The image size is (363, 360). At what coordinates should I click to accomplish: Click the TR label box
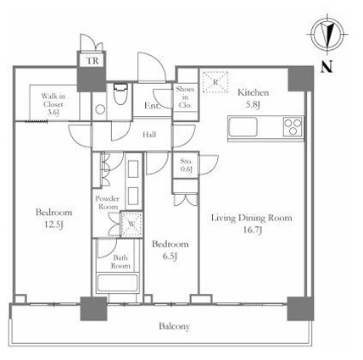(92, 60)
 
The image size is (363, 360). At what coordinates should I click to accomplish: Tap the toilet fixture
(120, 94)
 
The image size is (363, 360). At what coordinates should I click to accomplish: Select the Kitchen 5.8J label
(253, 98)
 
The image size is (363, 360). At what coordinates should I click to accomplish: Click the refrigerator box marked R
(215, 82)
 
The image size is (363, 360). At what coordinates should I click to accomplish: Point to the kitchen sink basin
(243, 126)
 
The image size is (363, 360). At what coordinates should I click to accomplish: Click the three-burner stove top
(293, 126)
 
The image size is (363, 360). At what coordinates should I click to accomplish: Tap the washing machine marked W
(131, 224)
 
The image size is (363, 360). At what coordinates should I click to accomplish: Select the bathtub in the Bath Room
(117, 283)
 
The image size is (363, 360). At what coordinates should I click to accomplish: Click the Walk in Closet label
(53, 104)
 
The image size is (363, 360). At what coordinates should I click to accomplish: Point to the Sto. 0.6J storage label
(187, 165)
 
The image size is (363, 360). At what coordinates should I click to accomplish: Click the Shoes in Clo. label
(185, 97)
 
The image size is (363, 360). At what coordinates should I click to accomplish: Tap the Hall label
(149, 135)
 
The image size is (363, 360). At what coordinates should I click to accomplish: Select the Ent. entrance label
(153, 106)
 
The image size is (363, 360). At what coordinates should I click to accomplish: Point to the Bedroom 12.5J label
(53, 219)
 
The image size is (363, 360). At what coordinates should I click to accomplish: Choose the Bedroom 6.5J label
(170, 250)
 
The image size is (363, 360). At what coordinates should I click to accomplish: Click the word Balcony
(174, 326)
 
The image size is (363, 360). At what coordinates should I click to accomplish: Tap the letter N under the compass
(327, 67)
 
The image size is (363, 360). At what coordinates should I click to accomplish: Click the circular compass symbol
(327, 35)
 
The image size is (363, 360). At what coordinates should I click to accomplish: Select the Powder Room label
(107, 202)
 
